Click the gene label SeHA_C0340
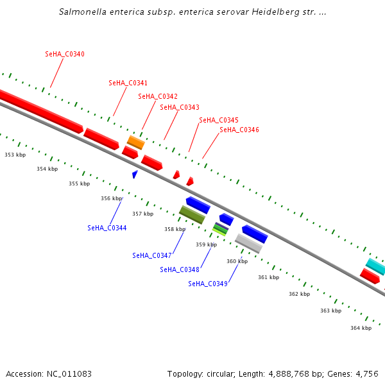(65, 54)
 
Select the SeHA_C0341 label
(128, 83)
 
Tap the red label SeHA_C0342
(158, 96)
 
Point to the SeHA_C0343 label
(179, 107)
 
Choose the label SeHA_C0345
(219, 120)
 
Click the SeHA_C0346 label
(239, 130)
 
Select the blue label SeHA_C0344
(107, 228)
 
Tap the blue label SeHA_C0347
(152, 255)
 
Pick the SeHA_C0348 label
(180, 269)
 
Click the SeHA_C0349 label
(208, 284)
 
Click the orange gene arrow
(135, 142)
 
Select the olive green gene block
(192, 214)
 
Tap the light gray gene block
(248, 243)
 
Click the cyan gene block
(375, 266)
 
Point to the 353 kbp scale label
(15, 155)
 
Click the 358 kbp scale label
(175, 229)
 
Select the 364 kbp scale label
(361, 328)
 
